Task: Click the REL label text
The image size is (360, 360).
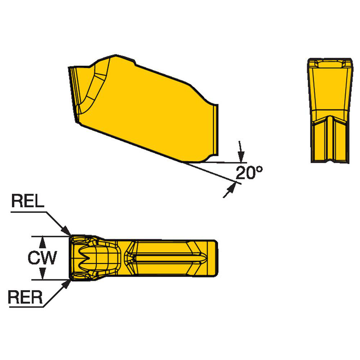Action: click(27, 201)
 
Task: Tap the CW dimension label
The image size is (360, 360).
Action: click(42, 258)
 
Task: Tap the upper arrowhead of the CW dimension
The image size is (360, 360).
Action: click(43, 240)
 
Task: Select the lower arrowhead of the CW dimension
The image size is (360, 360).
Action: click(43, 275)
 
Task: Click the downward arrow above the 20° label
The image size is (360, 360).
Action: click(241, 157)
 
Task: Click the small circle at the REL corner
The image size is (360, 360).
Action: click(76, 240)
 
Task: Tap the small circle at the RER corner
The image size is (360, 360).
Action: click(76, 276)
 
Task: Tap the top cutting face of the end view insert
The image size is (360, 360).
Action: click(330, 64)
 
